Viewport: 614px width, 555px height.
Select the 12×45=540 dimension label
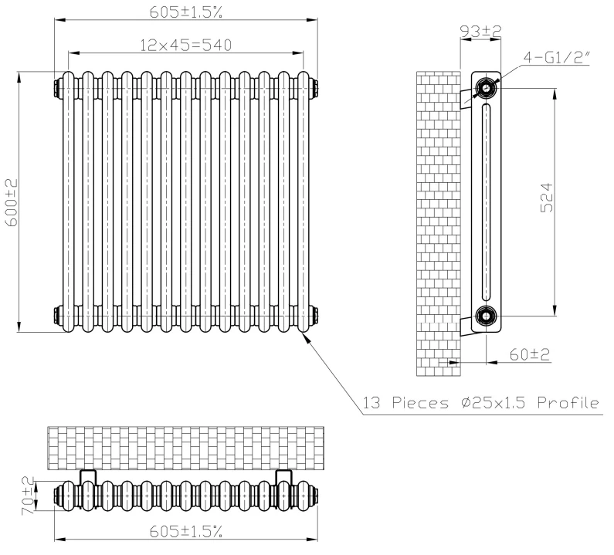click(185, 45)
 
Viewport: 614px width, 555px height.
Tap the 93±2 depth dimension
click(480, 32)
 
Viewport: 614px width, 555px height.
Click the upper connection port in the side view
click(486, 88)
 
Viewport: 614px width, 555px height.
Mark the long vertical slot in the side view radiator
click(486, 202)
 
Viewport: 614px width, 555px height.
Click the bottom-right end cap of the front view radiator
click(314, 316)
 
